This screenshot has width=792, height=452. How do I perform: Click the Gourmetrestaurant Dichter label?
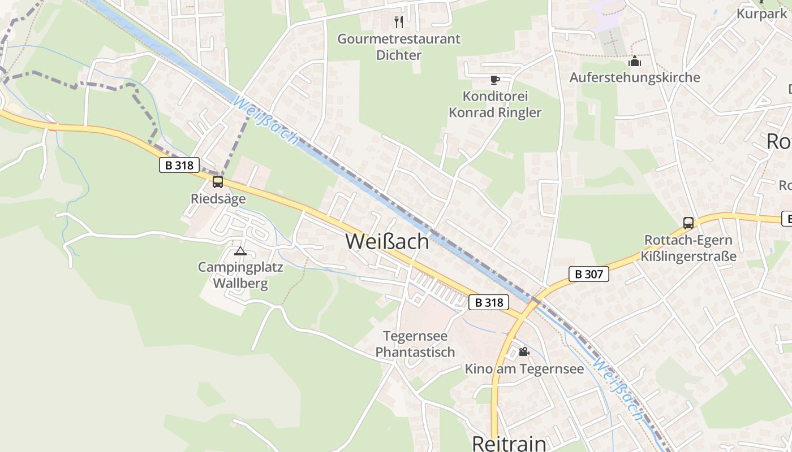pos(399,47)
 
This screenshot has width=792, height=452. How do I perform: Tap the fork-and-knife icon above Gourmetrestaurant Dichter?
pos(399,22)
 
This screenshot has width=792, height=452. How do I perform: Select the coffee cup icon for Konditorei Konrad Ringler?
pos(495,80)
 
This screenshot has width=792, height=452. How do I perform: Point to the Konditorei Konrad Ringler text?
pos(495,104)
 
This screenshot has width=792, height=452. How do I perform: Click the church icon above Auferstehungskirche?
pos(635,60)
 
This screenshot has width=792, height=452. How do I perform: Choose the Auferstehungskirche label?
pos(635,77)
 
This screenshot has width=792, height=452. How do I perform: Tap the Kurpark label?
pos(761,14)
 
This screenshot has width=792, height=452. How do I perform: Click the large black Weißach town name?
pos(388,241)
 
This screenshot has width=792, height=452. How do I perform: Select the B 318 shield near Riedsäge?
pos(179,165)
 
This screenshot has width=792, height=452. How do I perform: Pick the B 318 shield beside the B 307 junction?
pos(489,302)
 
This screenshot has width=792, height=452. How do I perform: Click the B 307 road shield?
pos(588,274)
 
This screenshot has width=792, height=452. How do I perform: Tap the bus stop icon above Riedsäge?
pos(218,182)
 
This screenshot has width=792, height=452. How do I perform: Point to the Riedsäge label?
pos(218,199)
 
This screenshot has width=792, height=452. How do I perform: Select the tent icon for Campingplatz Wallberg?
pos(240,251)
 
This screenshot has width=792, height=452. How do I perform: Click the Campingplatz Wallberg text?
pos(240,275)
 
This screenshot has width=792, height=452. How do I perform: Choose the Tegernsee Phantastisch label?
pos(415,344)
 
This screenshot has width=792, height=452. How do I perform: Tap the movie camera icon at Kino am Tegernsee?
pos(524,352)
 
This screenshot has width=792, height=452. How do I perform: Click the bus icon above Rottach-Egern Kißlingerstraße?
pos(688,223)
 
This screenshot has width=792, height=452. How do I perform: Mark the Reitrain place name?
pos(509,443)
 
